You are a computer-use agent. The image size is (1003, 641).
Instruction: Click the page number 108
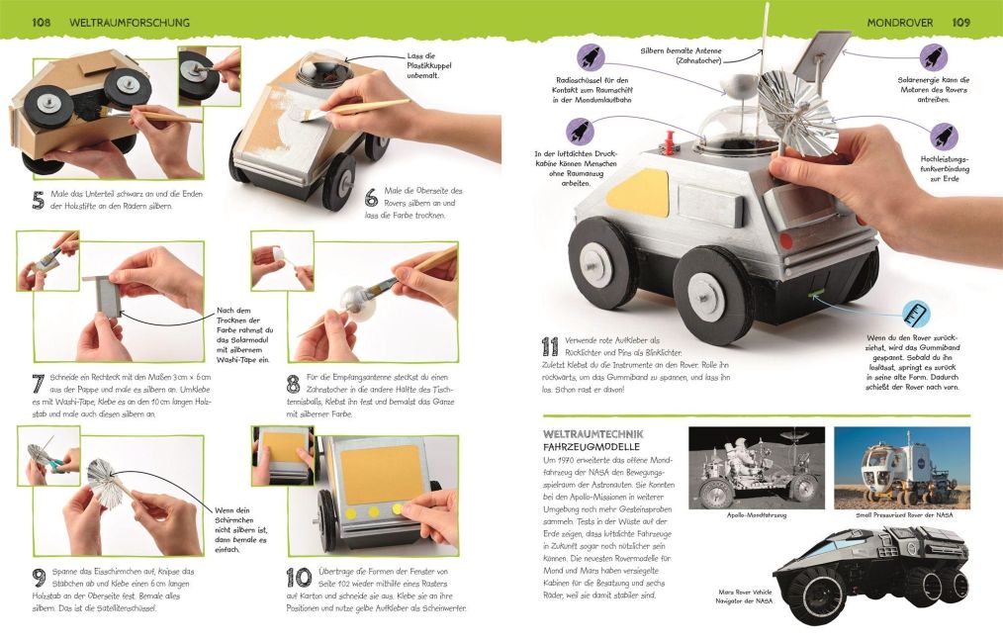(42, 22)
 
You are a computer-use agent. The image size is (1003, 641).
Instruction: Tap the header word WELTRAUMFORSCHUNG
(129, 22)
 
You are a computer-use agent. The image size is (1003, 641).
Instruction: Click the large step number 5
(38, 202)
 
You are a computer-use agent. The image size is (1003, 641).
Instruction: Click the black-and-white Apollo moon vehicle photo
(756, 467)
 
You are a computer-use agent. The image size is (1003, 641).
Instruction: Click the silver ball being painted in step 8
(353, 298)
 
